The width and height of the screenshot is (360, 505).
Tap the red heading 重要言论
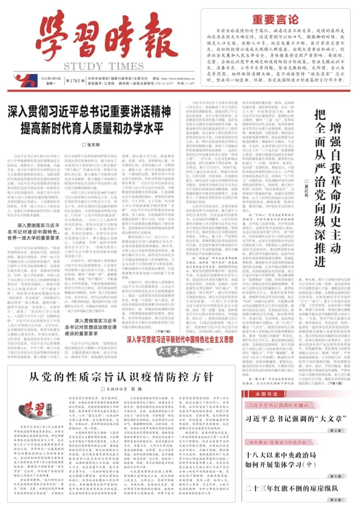pyautogui.click(x=275, y=20)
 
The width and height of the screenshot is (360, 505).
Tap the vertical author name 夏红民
pyautogui.click(x=306, y=188)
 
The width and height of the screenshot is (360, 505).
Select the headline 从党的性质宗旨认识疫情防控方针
pyautogui.click(x=121, y=377)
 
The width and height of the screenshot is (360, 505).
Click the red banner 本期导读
pyautogui.click(x=266, y=394)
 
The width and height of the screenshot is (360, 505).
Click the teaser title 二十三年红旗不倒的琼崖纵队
pyautogui.click(x=291, y=488)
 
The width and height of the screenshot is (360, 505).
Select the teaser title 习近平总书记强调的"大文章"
pyautogui.click(x=295, y=419)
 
